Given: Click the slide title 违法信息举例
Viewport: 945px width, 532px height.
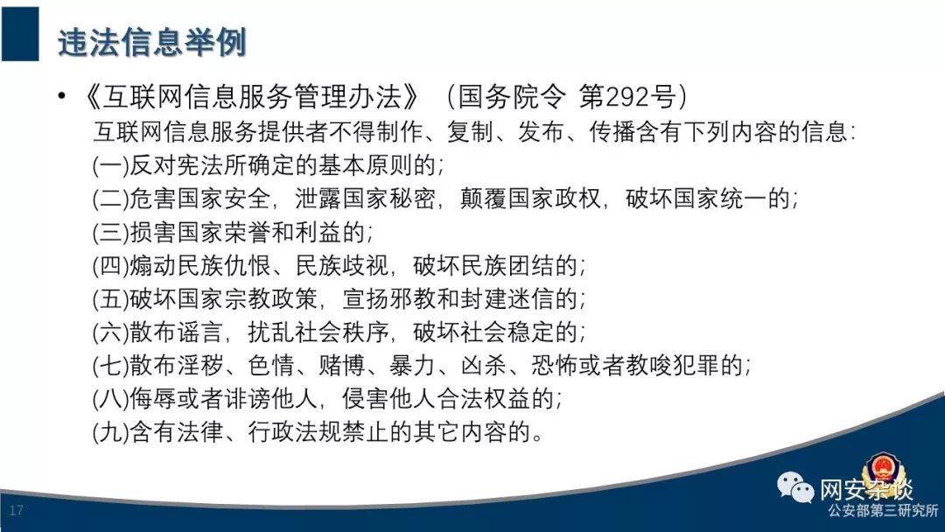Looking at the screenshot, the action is pyautogui.click(x=152, y=42).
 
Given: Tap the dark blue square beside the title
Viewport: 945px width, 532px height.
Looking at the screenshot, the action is pyautogui.click(x=20, y=34).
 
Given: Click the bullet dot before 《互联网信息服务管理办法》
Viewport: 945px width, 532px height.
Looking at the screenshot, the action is pyautogui.click(x=61, y=95).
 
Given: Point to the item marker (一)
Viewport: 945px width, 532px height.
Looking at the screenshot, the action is pyautogui.click(x=110, y=165).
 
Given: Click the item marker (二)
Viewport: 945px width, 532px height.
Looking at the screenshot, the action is pyautogui.click(x=110, y=199).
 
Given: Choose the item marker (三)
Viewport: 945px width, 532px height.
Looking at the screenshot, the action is pyautogui.click(x=110, y=232).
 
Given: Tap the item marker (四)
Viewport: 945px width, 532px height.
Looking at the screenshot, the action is pyautogui.click(x=110, y=265).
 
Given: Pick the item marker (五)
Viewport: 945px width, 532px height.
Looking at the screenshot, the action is pyautogui.click(x=110, y=298).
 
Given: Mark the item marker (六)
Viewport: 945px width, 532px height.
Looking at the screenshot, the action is pyautogui.click(x=110, y=332).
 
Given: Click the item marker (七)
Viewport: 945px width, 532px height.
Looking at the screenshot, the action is pyautogui.click(x=110, y=365).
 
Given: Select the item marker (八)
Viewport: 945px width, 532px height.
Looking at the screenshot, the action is pyautogui.click(x=110, y=397).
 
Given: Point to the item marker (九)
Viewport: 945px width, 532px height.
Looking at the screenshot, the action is pyautogui.click(x=110, y=431).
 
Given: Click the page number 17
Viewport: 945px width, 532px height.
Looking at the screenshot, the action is pyautogui.click(x=17, y=510).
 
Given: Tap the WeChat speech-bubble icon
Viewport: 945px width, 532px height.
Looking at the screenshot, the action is pyautogui.click(x=794, y=486).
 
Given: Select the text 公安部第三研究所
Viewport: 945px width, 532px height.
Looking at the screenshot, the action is pyautogui.click(x=883, y=511).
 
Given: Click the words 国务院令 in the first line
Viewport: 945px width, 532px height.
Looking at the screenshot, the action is pyautogui.click(x=512, y=96).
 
